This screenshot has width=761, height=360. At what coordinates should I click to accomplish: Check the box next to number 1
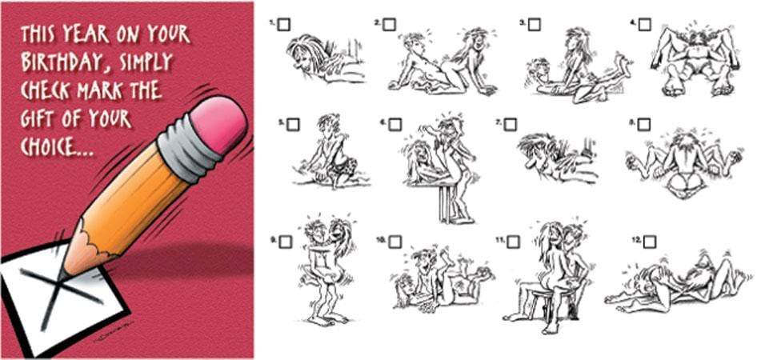pyautogui.click(x=284, y=24)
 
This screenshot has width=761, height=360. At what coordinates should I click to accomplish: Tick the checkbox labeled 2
pyautogui.click(x=389, y=24)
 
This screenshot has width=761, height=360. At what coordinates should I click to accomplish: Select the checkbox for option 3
pyautogui.click(x=535, y=24)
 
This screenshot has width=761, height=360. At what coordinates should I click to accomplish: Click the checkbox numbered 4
pyautogui.click(x=644, y=24)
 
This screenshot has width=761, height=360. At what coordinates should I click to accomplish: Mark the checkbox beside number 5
pyautogui.click(x=293, y=125)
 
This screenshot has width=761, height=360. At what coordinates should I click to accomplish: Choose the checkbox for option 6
pyautogui.click(x=395, y=125)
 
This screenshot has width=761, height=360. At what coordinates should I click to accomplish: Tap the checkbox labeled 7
pyautogui.click(x=510, y=125)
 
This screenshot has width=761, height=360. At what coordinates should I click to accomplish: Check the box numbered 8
pyautogui.click(x=644, y=125)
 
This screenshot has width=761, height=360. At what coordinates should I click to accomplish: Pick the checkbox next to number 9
pyautogui.click(x=286, y=242)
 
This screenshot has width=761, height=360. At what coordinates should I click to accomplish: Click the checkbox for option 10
pyautogui.click(x=395, y=242)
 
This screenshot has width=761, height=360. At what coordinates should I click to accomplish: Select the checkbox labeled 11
pyautogui.click(x=513, y=242)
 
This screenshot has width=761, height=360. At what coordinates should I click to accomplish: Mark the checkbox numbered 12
pyautogui.click(x=651, y=242)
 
